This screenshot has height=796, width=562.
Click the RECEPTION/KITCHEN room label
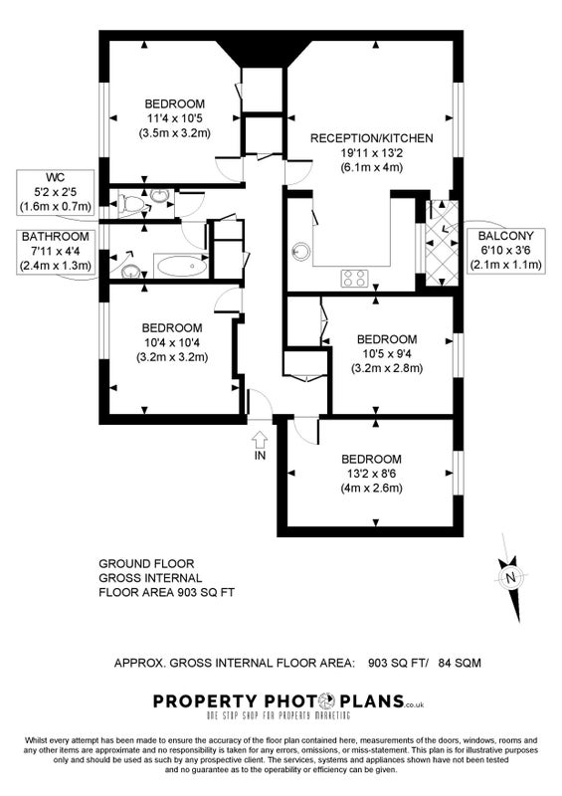click(372, 138)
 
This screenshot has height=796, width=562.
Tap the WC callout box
click(56, 192)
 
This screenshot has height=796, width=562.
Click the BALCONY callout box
click(505, 251)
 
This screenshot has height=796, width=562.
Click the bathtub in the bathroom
click(181, 266)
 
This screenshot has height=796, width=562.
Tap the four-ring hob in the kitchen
click(354, 278)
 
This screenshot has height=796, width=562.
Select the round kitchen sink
click(300, 252)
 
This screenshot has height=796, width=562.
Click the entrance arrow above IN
click(260, 438)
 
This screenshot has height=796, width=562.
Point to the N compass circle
click(511, 577)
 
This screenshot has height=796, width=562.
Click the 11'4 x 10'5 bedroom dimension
click(175, 118)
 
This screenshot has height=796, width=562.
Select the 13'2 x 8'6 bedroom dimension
click(371, 475)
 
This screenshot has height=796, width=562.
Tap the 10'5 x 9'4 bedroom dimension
click(387, 354)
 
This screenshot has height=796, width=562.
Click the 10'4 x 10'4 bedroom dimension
click(172, 342)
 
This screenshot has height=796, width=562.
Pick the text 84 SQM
click(459, 663)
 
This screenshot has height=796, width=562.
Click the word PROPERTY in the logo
click(205, 701)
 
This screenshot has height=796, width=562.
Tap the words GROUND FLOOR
click(146, 563)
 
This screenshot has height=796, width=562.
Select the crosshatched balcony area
click(442, 243)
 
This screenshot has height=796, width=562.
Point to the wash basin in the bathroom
click(131, 271)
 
